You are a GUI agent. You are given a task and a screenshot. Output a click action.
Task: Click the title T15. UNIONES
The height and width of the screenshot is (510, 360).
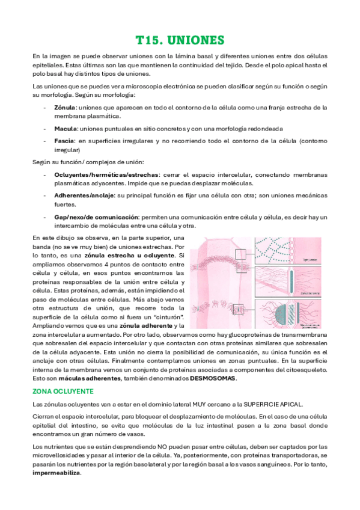pos(180,40)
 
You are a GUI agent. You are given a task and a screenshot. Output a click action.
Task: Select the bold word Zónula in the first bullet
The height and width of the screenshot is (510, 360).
pos(64,108)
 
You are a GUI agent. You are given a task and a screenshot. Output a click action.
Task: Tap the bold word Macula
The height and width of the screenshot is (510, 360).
pos(66,129)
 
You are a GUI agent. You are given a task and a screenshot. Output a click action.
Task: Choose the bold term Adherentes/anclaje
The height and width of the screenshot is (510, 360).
pos(82,195)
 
